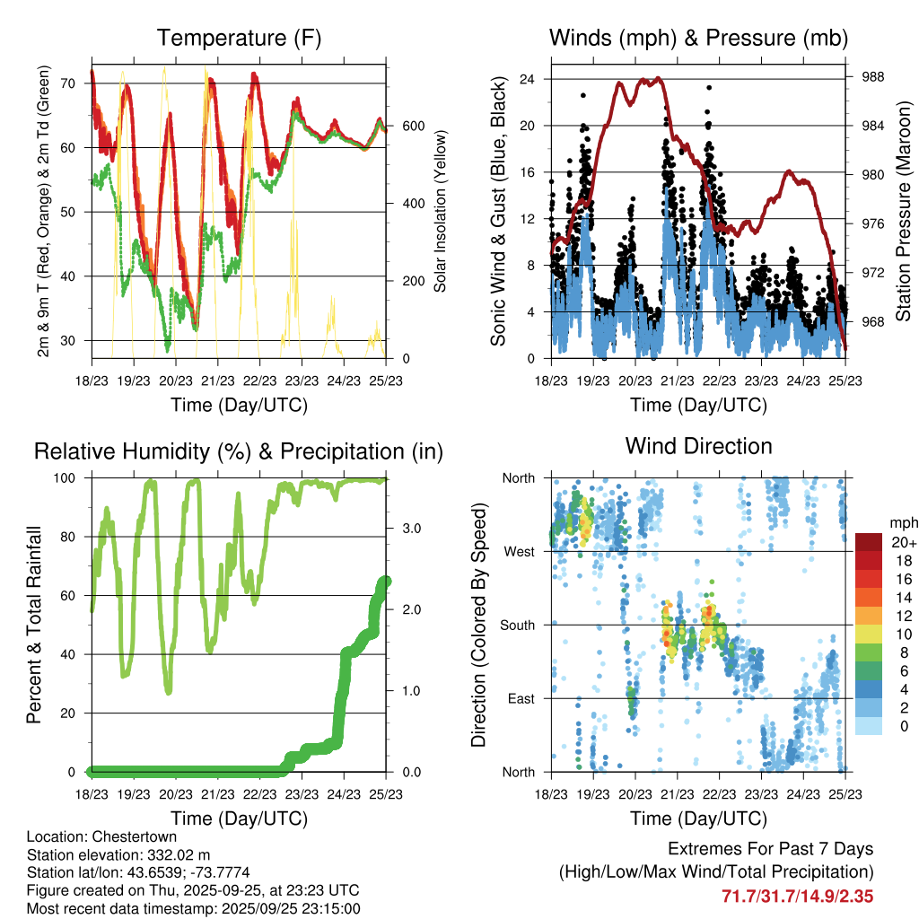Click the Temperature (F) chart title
point(238,39)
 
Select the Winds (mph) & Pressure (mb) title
point(698,39)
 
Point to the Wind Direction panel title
point(698,446)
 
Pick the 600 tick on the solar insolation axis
point(412,126)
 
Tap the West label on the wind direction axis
point(519,551)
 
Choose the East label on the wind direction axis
point(520,698)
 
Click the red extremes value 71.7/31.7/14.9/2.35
point(797,895)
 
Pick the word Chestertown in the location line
point(125,836)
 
